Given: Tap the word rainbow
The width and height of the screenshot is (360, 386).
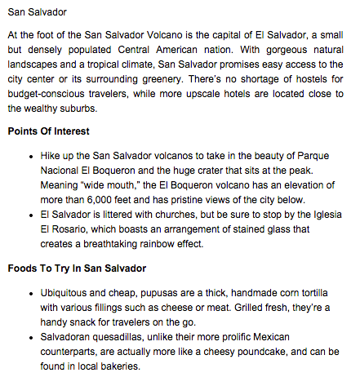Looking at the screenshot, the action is click(x=179, y=243).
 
